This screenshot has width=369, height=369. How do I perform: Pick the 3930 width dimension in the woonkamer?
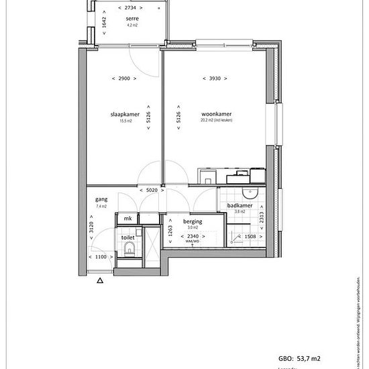click(216, 78)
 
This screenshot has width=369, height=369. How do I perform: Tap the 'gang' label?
click(102, 200)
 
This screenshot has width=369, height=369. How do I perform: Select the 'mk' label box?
click(127, 219)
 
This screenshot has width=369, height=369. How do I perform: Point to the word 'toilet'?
click(127, 238)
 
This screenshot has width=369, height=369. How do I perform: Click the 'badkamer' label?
click(240, 206)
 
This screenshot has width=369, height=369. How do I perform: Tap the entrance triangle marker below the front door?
click(100, 282)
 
